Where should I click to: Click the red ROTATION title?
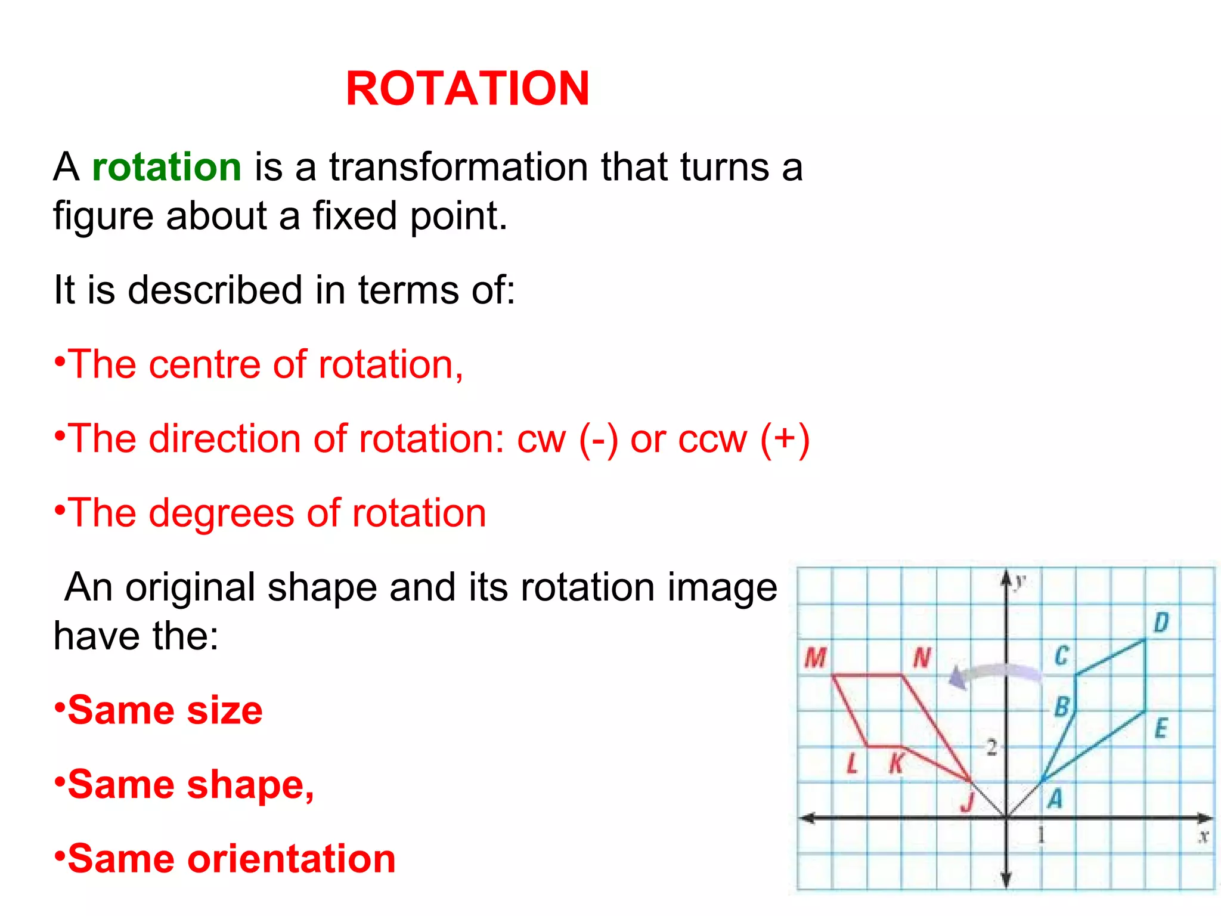pyautogui.click(x=467, y=89)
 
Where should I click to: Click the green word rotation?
pyautogui.click(x=166, y=167)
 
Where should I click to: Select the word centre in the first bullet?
pyautogui.click(x=203, y=364)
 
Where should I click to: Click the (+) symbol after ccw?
pyautogui.click(x=785, y=440)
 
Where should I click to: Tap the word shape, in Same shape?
pyautogui.click(x=250, y=785)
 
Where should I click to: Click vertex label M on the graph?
pyautogui.click(x=815, y=658)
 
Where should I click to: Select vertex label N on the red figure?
pyautogui.click(x=922, y=658)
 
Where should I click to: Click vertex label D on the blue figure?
pyautogui.click(x=1161, y=623)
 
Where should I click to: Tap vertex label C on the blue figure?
pyautogui.click(x=1061, y=655)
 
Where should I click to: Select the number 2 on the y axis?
pyautogui.click(x=991, y=747)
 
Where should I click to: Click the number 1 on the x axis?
pyautogui.click(x=1041, y=835)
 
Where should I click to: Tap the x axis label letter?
pyautogui.click(x=1204, y=837)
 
